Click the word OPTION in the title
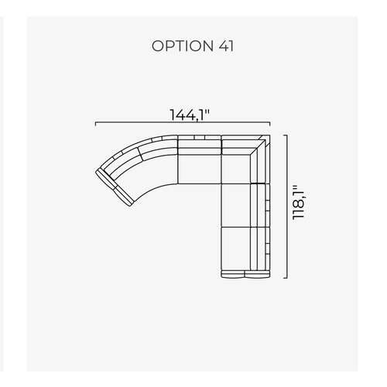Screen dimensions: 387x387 click(182, 46)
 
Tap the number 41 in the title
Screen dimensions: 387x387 click(226, 46)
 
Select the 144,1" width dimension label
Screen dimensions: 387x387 click(190, 115)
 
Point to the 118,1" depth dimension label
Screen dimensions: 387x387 click(298, 202)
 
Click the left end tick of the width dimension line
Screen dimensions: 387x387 click(96, 124)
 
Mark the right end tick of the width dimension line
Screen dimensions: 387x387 click(270, 124)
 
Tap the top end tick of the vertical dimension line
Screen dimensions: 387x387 click(286, 135)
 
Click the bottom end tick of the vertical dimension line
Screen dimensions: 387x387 click(286, 278)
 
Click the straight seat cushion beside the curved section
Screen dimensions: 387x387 click(200, 169)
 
